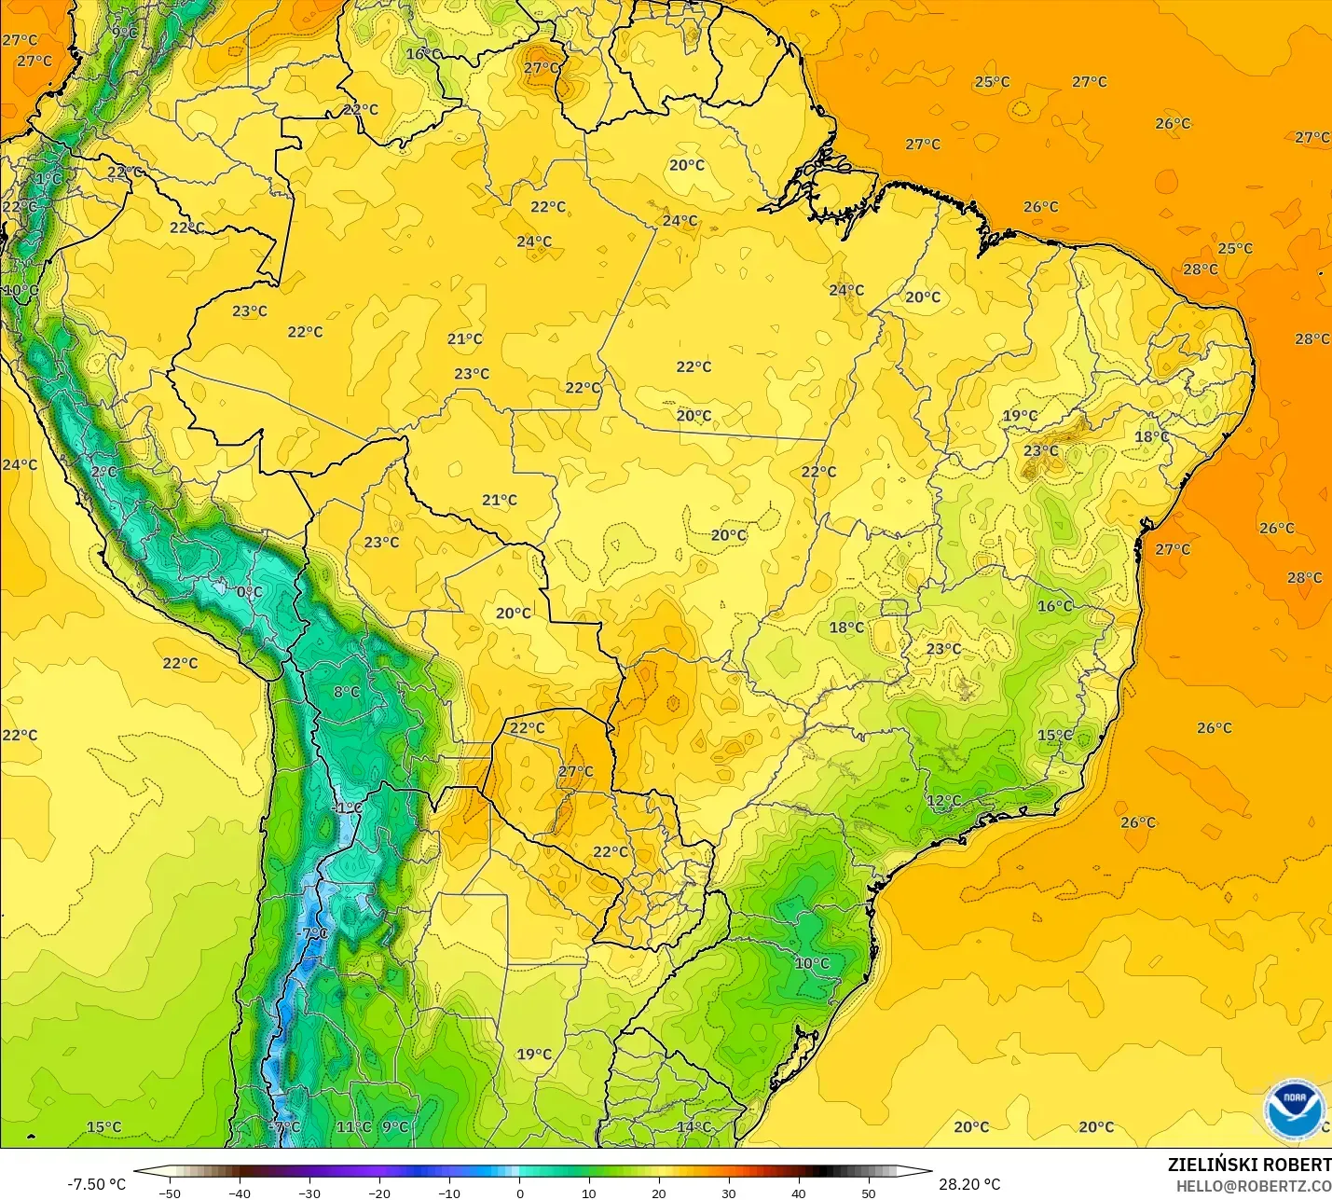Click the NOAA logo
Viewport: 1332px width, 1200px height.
(x=1295, y=1109)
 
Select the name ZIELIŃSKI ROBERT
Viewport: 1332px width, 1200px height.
(x=1249, y=1165)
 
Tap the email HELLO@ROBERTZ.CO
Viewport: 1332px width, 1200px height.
(x=1253, y=1186)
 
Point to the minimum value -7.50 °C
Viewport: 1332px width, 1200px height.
(x=96, y=1184)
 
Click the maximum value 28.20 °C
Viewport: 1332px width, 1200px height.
(x=969, y=1184)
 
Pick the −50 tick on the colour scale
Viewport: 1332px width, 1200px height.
(x=170, y=1193)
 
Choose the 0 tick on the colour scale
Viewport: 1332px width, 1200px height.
(x=520, y=1193)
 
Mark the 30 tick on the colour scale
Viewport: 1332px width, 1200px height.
(x=729, y=1193)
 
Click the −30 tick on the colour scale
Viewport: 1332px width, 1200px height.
(x=309, y=1193)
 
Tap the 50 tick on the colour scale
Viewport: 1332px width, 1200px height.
(x=869, y=1193)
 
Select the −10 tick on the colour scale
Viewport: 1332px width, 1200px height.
(x=449, y=1193)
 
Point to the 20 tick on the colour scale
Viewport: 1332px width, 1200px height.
(x=659, y=1193)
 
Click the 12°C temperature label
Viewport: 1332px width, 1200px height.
(x=943, y=801)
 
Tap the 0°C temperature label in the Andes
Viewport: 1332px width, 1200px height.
(x=249, y=592)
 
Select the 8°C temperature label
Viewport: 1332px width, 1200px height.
(x=347, y=692)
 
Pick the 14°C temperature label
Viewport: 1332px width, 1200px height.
(x=693, y=1127)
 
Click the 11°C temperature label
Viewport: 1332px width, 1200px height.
(x=353, y=1127)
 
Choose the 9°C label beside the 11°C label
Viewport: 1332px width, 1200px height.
(x=395, y=1127)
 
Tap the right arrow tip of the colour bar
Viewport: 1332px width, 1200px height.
(x=929, y=1172)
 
